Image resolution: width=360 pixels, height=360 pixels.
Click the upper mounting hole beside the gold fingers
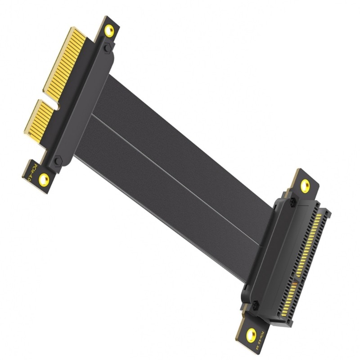coord(109,31)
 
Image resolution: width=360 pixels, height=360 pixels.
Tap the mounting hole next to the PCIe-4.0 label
coord(44,180)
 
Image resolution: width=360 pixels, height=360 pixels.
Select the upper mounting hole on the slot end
coord(305,185)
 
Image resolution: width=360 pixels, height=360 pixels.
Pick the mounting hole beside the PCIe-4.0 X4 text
coord(251,334)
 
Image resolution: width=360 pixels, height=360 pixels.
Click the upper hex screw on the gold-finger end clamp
coord(107,48)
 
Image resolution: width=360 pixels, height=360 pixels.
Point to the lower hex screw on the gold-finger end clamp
coord(58,161)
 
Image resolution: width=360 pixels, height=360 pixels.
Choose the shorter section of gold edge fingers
coord(39,121)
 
